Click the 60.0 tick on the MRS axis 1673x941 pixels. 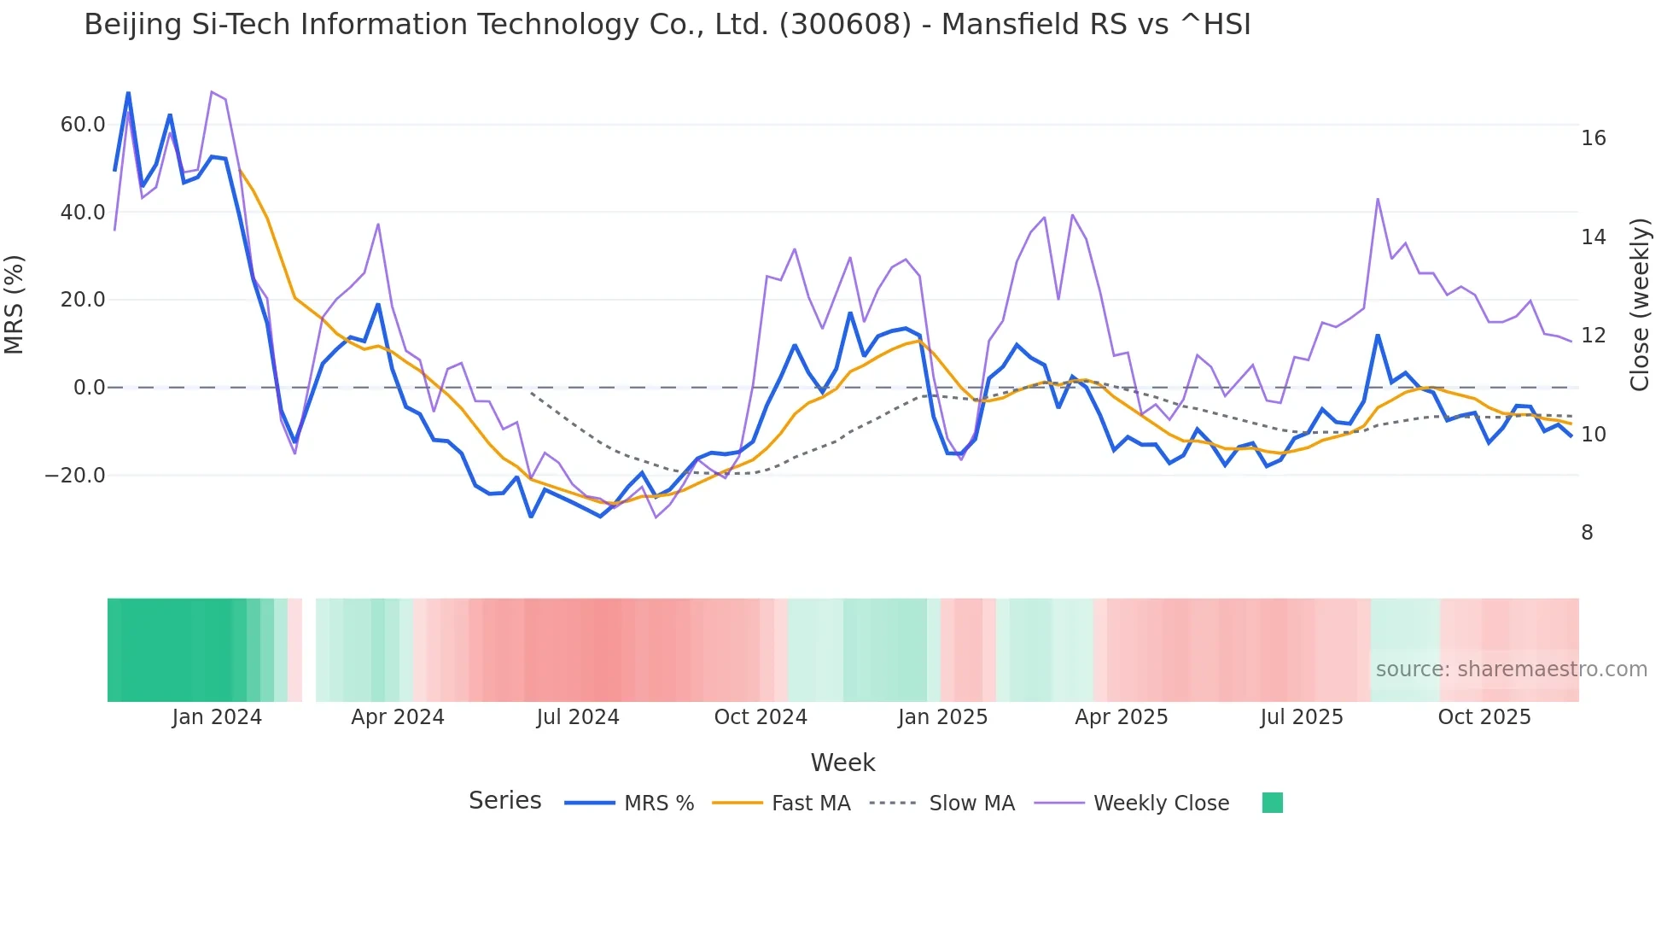pyautogui.click(x=82, y=125)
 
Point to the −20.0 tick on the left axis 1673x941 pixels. pyautogui.click(x=75, y=476)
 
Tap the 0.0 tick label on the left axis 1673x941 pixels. pyautogui.click(x=89, y=388)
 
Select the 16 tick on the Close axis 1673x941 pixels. pyautogui.click(x=1593, y=138)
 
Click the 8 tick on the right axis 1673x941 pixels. pyautogui.click(x=1587, y=533)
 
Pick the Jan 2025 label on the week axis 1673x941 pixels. pyautogui.click(x=942, y=717)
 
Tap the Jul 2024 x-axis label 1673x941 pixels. pyautogui.click(x=578, y=717)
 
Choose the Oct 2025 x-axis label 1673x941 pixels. pyautogui.click(x=1484, y=717)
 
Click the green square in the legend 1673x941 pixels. pyautogui.click(x=1272, y=803)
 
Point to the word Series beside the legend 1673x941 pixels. pyautogui.click(x=504, y=801)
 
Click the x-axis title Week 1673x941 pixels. pyautogui.click(x=842, y=763)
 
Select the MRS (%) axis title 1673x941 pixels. pyautogui.click(x=15, y=304)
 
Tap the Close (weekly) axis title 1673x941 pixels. pyautogui.click(x=1640, y=305)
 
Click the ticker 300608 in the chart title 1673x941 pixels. pyautogui.click(x=845, y=25)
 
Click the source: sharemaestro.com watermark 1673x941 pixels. pyautogui.click(x=1511, y=669)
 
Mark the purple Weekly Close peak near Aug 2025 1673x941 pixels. pyautogui.click(x=1378, y=199)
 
